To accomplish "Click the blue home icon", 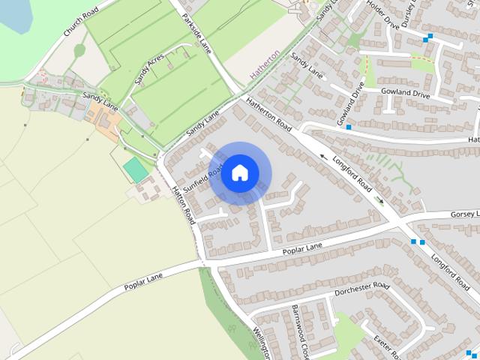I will coord(239,172).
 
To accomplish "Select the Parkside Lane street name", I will coord(196,34).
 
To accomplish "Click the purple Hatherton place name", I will coord(263,65).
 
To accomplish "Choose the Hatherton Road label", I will coord(268,114).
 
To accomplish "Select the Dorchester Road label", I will coord(362,289).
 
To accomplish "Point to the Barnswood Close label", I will coord(300,330).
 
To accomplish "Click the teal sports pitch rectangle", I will coord(136,169).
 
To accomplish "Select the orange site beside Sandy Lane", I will coord(102,119).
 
